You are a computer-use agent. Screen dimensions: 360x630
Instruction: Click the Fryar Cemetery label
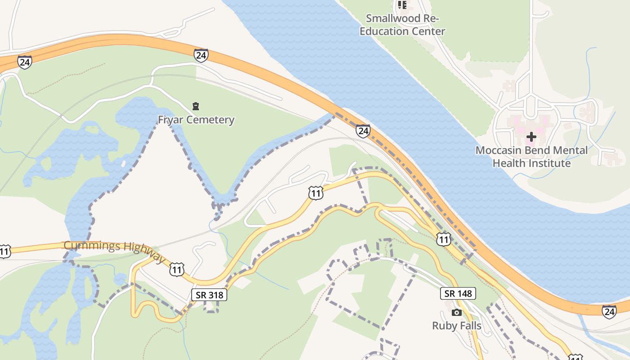click(x=196, y=120)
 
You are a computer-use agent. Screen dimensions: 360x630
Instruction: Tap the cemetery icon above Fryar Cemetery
click(x=196, y=106)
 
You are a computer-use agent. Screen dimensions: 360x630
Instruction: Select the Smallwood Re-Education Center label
click(x=403, y=25)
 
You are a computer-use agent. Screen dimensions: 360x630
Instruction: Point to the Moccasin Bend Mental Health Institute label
click(x=531, y=157)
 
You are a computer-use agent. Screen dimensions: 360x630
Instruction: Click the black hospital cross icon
click(x=531, y=136)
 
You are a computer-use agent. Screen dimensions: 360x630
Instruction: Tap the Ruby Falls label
click(x=457, y=326)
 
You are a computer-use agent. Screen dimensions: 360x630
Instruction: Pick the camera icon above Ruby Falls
click(x=457, y=312)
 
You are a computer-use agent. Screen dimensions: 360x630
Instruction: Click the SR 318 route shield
click(x=209, y=295)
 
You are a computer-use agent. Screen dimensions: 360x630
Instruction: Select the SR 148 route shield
click(x=458, y=294)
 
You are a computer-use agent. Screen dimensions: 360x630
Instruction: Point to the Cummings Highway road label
click(x=114, y=251)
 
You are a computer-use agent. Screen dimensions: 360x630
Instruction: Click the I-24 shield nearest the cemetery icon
click(x=201, y=55)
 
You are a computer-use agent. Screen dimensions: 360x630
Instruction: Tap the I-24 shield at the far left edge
click(x=25, y=62)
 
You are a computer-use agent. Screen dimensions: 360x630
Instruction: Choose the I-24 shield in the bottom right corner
click(x=609, y=311)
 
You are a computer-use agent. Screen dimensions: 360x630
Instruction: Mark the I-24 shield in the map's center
click(x=363, y=131)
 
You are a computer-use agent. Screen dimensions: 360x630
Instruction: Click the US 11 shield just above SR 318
click(x=177, y=270)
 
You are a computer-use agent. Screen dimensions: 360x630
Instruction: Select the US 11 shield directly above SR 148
click(x=444, y=239)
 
